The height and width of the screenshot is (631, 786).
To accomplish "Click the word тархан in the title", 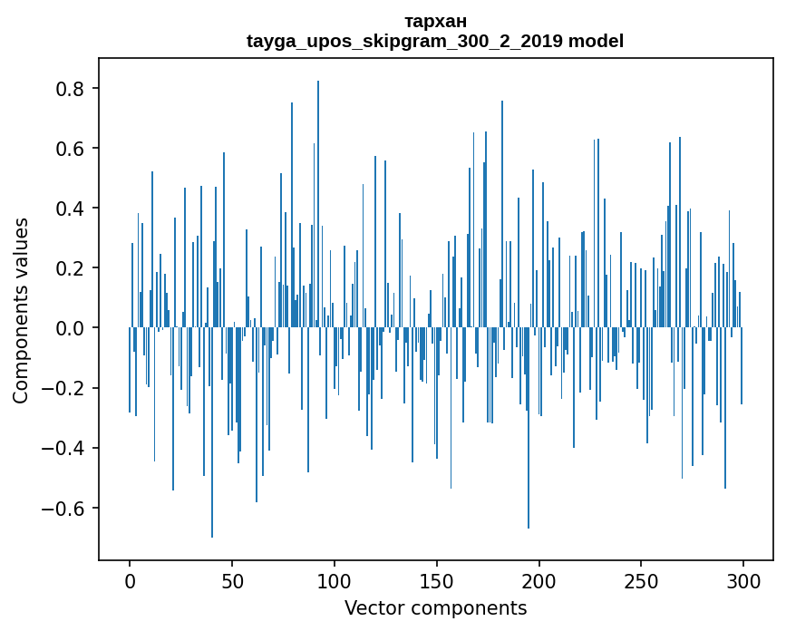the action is tap(435, 22).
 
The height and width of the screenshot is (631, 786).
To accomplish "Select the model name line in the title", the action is tap(435, 41).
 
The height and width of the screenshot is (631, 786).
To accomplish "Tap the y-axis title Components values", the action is tap(21, 311).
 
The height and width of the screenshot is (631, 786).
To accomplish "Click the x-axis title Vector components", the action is tap(435, 608).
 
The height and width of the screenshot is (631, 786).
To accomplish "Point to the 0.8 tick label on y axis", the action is tap(69, 89).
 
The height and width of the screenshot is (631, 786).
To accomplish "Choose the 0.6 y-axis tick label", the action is tap(69, 149).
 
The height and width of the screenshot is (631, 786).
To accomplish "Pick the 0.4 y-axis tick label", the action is tap(69, 208).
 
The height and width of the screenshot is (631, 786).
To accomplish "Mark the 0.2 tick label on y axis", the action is tap(69, 268).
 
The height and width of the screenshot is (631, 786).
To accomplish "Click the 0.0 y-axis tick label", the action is tap(69, 328).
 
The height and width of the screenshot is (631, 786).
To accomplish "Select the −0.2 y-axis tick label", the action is tap(63, 388).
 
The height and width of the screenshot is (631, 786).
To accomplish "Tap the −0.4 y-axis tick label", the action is tap(63, 448).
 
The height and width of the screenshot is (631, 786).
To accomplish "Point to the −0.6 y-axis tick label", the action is tap(63, 508).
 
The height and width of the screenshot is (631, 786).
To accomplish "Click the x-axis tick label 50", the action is tap(232, 582).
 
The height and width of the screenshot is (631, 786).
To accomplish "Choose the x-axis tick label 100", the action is tap(335, 582).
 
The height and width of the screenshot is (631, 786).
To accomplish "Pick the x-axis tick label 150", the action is tap(437, 582).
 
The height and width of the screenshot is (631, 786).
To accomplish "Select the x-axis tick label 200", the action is tap(539, 582).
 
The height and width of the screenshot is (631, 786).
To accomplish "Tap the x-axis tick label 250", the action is tap(641, 582).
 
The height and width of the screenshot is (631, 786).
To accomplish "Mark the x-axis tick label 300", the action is tap(743, 582).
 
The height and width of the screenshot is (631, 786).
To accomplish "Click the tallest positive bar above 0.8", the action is tap(318, 204).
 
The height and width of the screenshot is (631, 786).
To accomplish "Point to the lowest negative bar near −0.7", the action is tap(212, 432).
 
